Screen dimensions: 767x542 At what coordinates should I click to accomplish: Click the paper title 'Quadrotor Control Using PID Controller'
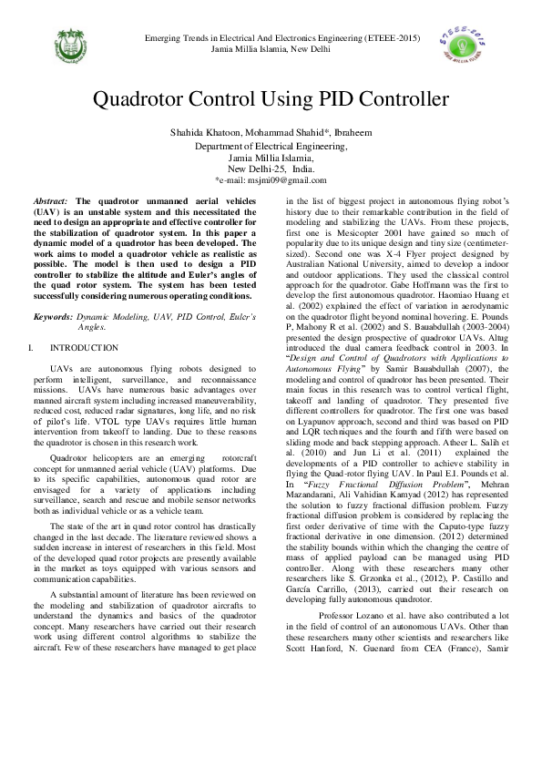(271, 98)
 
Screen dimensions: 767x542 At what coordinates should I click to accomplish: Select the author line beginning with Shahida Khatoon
(271, 133)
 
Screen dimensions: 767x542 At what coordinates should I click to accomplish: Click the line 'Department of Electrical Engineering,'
(271, 146)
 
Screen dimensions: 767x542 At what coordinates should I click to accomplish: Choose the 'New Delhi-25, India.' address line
(271, 169)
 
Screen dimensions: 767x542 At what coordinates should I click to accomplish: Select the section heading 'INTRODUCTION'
(84, 348)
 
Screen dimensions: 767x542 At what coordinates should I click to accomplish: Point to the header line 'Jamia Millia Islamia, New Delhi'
(271, 48)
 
